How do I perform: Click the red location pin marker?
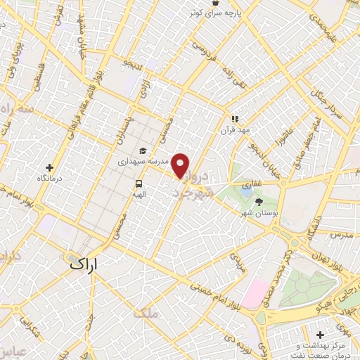coord(181,165)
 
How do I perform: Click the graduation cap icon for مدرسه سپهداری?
coord(143,150)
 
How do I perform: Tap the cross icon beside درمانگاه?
coord(49,167)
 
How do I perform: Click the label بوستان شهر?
coord(265,212)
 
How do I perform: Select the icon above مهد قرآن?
coord(236,120)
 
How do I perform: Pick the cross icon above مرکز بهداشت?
coord(321,335)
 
